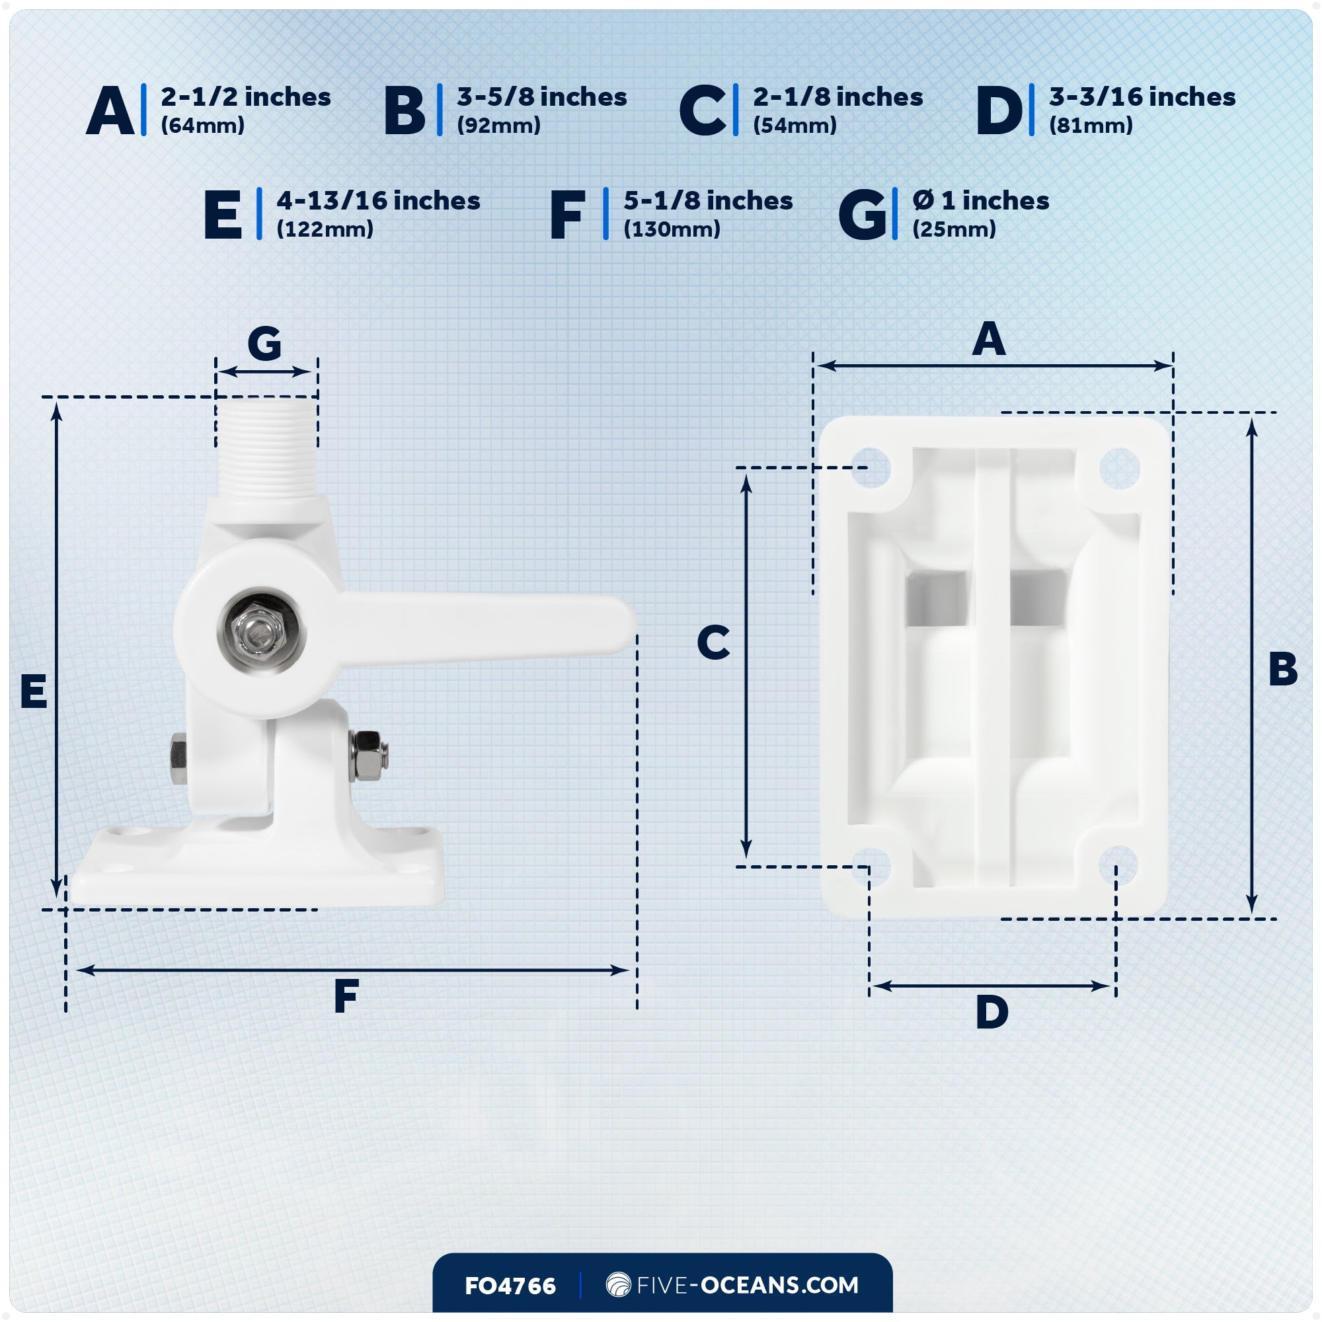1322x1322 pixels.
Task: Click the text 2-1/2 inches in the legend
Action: click(246, 97)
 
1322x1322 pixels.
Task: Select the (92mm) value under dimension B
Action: click(498, 126)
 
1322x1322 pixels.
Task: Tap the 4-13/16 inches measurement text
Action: click(377, 201)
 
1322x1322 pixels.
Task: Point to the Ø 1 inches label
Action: click(980, 201)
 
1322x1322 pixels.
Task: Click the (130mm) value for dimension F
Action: click(672, 229)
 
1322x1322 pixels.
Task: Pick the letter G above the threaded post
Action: click(264, 344)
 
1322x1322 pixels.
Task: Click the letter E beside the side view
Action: click(34, 691)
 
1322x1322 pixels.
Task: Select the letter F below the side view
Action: click(346, 996)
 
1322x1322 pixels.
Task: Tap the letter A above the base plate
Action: click(989, 339)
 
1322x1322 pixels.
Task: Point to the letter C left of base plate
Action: click(713, 642)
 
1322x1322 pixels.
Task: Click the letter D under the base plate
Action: click(991, 1012)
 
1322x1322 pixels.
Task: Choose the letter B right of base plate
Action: click(1282, 669)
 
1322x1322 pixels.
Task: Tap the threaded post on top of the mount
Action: click(267, 448)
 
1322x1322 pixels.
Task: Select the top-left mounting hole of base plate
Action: click(871, 468)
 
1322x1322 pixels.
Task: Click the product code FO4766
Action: click(510, 1286)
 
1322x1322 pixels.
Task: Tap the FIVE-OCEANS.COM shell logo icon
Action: click(618, 1284)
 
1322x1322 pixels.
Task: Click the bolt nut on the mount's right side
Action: click(369, 756)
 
